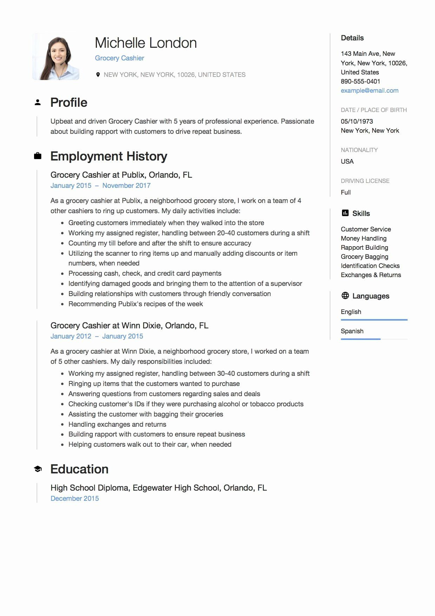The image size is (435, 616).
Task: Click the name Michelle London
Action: click(x=146, y=43)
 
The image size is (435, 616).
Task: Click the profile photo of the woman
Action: click(x=56, y=57)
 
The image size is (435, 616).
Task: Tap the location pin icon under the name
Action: click(x=98, y=74)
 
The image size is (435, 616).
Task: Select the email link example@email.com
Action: click(x=369, y=91)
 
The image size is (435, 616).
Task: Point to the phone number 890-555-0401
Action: click(x=360, y=81)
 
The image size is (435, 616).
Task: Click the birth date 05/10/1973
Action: click(x=357, y=122)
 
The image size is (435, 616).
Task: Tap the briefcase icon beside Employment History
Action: click(x=38, y=156)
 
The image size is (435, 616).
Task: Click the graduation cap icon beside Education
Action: click(x=38, y=469)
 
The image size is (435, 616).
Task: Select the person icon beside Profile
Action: click(x=38, y=103)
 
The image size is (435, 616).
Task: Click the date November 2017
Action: click(x=126, y=185)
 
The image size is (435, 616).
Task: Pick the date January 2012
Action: click(x=71, y=336)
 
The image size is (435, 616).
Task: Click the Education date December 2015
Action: click(x=75, y=498)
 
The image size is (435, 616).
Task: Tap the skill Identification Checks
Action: click(x=370, y=266)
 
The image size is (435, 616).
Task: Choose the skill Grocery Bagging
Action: click(x=364, y=257)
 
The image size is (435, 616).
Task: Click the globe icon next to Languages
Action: click(x=345, y=296)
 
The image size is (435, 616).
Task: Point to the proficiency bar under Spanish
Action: click(x=361, y=339)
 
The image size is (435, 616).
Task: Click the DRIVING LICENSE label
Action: click(x=365, y=181)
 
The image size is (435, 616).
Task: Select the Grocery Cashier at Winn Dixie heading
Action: click(x=129, y=326)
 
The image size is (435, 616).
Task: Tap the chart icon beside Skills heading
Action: click(x=345, y=213)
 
